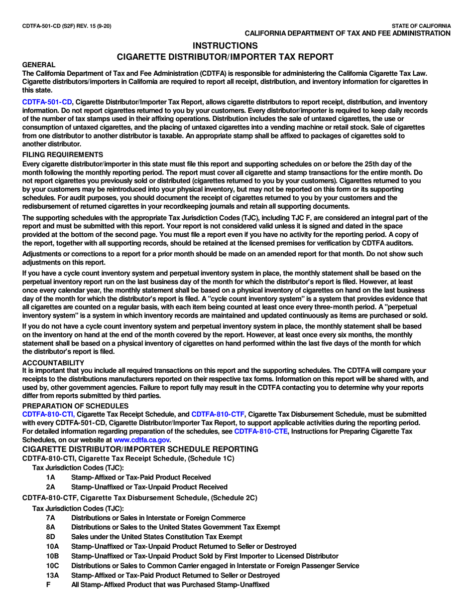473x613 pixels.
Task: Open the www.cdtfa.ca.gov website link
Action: pos(142,440)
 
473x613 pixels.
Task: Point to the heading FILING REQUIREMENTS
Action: pos(63,154)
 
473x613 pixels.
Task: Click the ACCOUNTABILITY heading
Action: pos(53,363)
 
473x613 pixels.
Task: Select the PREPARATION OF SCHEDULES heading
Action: pos(75,406)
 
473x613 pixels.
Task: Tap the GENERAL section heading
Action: pos(39,65)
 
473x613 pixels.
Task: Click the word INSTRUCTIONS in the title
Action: pos(225,46)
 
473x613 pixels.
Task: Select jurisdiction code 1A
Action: pos(50,477)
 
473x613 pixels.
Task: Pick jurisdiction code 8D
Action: pos(50,537)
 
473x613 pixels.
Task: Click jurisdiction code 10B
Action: pos(52,556)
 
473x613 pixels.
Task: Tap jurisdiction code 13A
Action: pos(52,575)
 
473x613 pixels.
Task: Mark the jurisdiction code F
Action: pos(48,585)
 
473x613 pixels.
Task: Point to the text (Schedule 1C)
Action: pos(209,458)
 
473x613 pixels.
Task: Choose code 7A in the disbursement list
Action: pos(50,518)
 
